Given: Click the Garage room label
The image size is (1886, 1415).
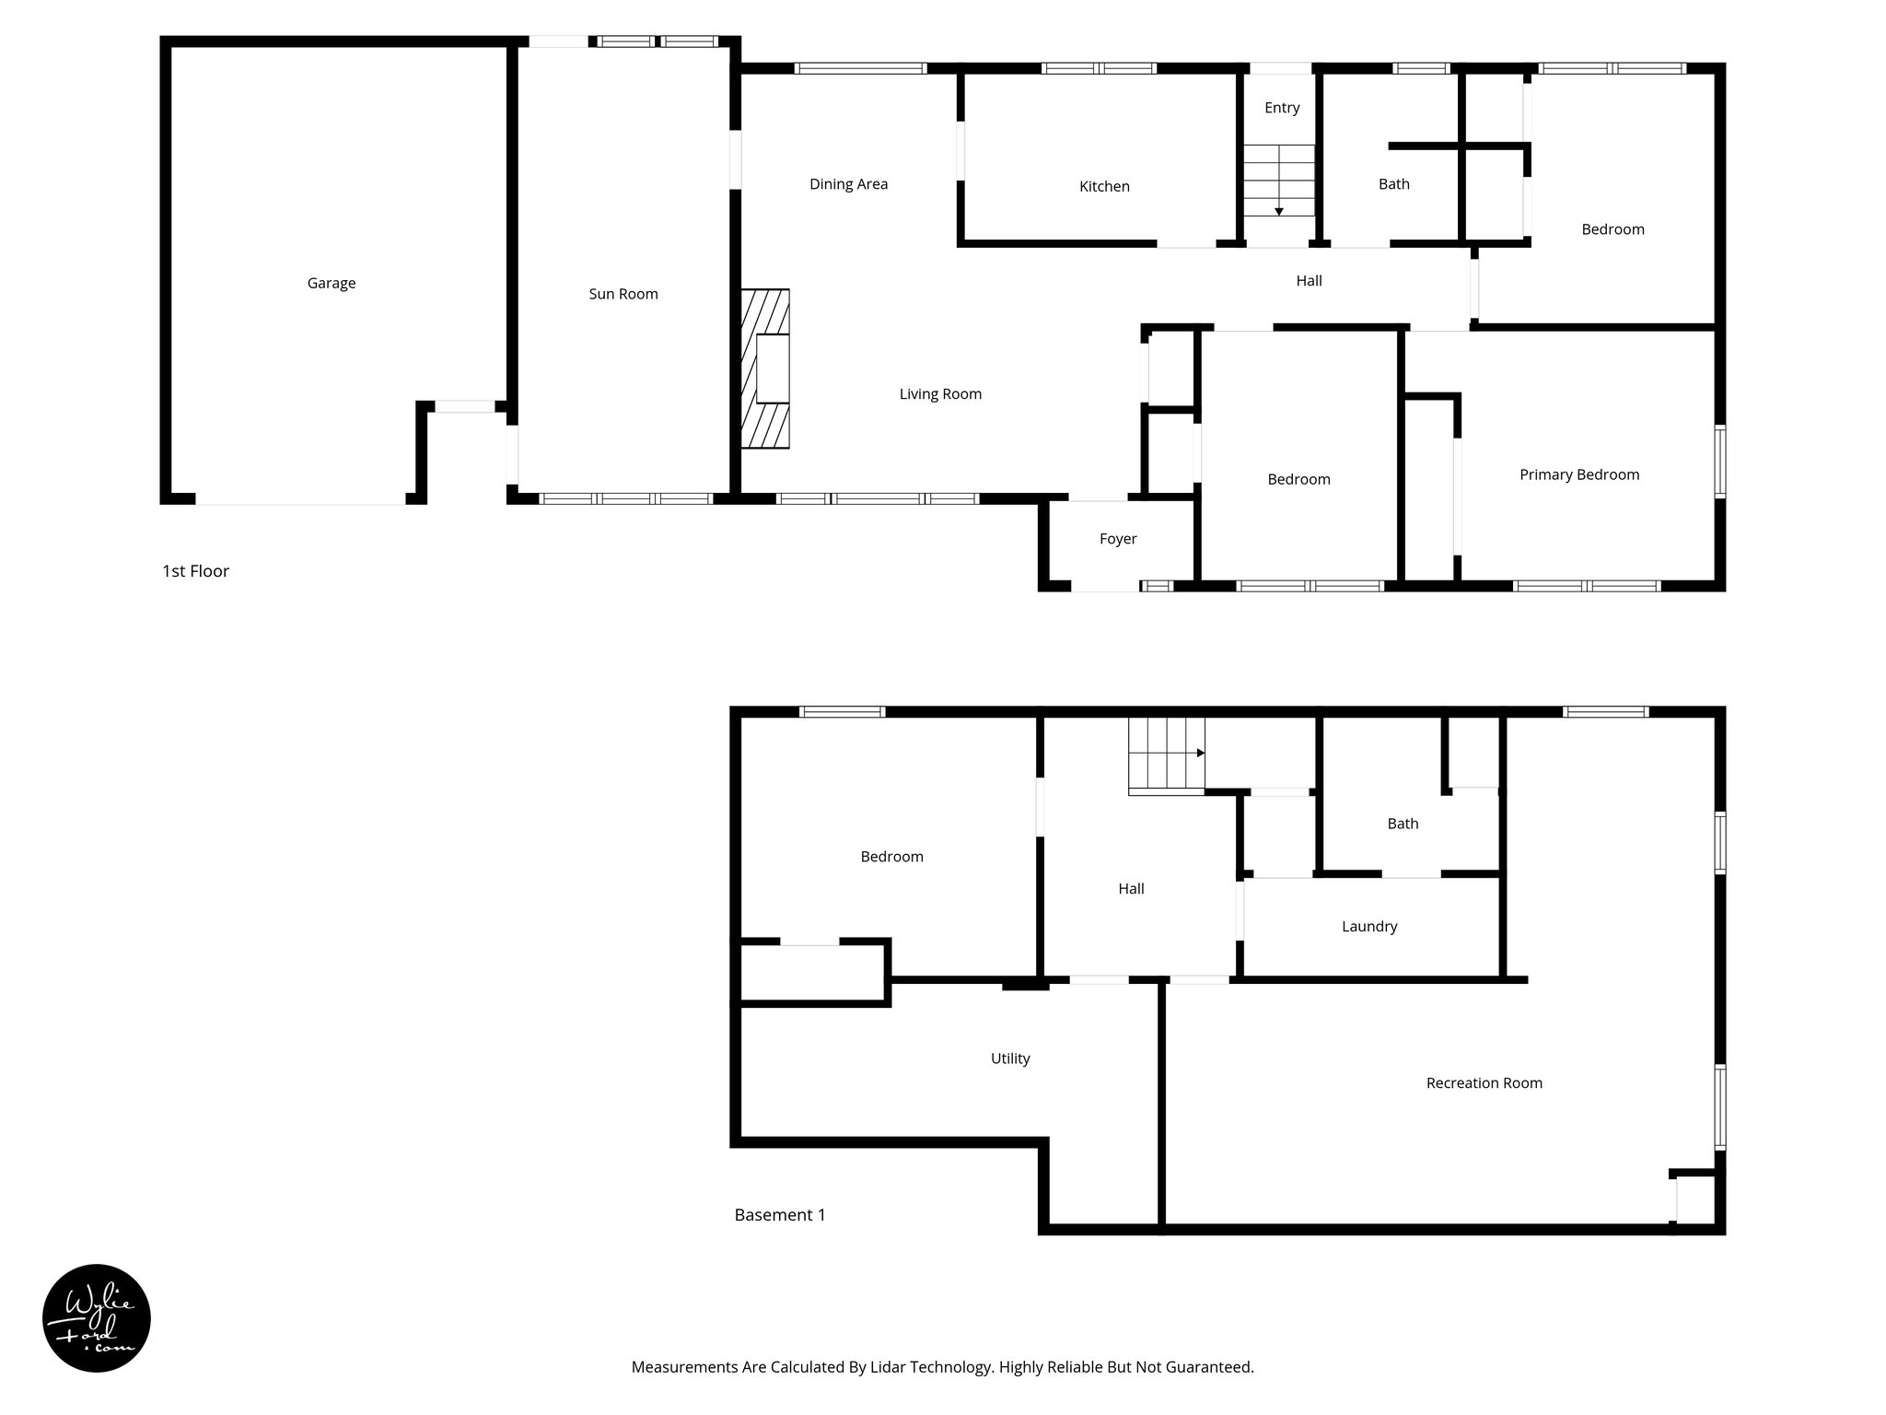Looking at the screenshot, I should (332, 284).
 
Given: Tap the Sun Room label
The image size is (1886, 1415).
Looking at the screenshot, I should (623, 295).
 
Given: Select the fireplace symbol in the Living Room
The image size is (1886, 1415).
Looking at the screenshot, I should (765, 369).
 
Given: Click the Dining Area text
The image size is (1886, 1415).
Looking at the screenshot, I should (848, 184).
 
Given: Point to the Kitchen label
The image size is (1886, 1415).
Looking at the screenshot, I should (1104, 187).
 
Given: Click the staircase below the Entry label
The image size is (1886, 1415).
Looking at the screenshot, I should (1279, 181).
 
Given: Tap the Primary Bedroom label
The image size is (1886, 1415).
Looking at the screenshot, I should (1578, 475).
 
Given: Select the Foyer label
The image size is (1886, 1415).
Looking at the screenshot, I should (1118, 539).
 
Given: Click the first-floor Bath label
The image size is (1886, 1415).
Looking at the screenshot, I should (1393, 184).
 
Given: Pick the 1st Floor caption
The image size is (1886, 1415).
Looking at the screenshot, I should (195, 571).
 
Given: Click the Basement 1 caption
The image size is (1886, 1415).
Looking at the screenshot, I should (779, 1215).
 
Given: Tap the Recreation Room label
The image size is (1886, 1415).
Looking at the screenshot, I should (1484, 1083).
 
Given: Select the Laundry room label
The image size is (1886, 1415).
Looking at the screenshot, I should (1369, 927).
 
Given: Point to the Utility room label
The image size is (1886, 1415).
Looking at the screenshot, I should (1010, 1059).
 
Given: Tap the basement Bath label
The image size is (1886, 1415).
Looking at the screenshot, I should (1403, 824).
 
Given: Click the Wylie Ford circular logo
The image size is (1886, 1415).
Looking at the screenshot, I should (97, 1318).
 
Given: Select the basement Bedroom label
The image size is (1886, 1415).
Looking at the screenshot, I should (891, 857).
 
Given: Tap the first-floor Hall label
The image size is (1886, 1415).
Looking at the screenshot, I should (1309, 281).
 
